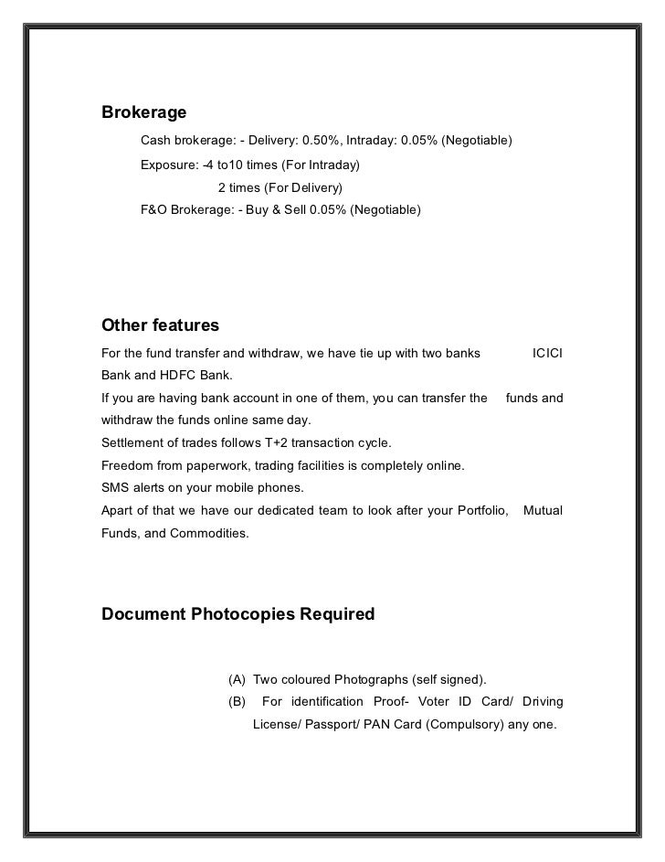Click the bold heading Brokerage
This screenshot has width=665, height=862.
(x=143, y=113)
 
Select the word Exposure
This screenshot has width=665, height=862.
(x=168, y=165)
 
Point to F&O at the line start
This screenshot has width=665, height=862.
(x=154, y=210)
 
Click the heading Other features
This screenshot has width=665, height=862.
(x=160, y=325)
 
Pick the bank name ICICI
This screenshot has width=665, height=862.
(x=547, y=353)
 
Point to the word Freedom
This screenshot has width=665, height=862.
(x=127, y=465)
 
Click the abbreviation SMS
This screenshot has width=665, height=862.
(x=115, y=487)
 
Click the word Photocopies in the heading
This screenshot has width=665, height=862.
(x=241, y=614)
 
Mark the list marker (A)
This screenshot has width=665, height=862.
(x=237, y=679)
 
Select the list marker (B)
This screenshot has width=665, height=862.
(x=237, y=701)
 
